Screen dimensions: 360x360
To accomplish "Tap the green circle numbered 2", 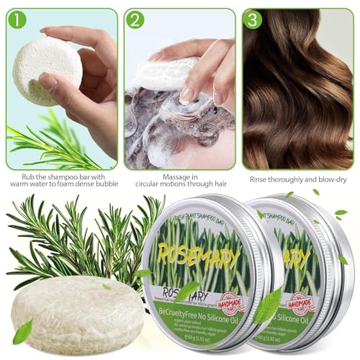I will click(x=135, y=19).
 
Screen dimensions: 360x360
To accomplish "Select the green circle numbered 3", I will click(x=253, y=19).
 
